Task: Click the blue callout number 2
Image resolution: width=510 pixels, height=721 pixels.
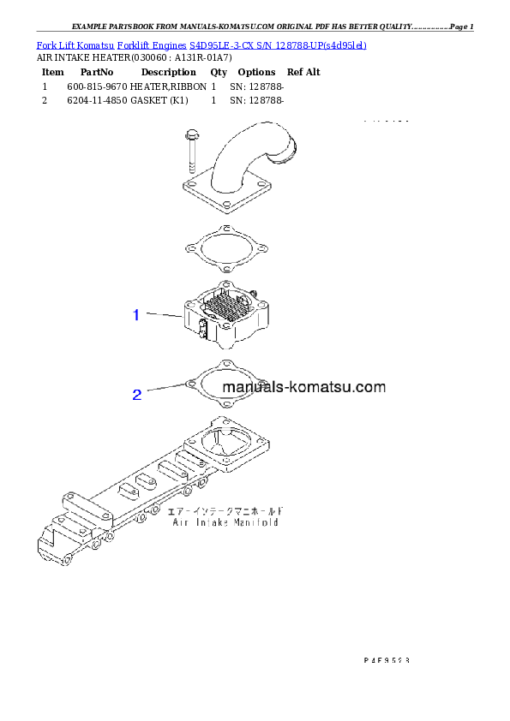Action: pos(136,395)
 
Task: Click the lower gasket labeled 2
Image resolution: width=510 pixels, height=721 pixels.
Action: pos(225,384)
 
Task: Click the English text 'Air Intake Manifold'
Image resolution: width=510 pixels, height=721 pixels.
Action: pos(225,521)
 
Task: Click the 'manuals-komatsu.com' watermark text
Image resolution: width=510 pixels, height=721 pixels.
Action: pos(304,387)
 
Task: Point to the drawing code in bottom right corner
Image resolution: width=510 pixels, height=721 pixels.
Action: pos(385,660)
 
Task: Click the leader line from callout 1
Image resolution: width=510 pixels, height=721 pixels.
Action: pos(163,316)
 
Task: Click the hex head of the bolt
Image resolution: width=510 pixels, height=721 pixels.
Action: pos(189,134)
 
